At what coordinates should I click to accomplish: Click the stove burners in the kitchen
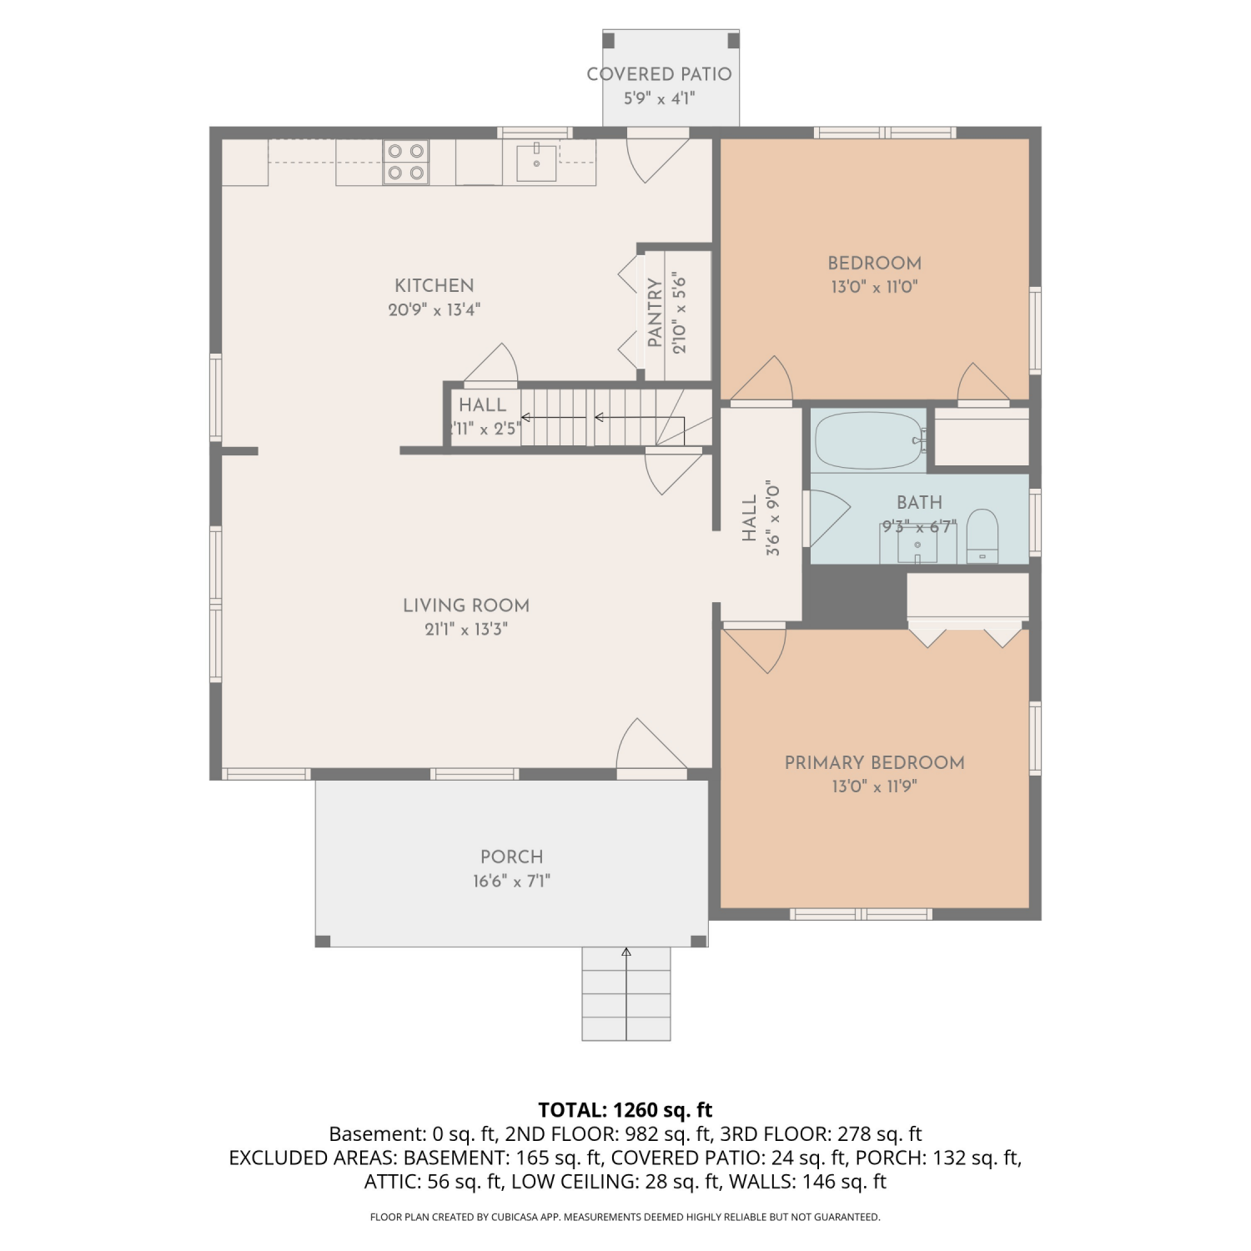pyautogui.click(x=406, y=162)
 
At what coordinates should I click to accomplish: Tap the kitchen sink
pyautogui.click(x=536, y=163)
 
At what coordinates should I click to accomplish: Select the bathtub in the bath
pyautogui.click(x=870, y=440)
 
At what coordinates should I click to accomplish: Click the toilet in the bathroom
pyautogui.click(x=982, y=536)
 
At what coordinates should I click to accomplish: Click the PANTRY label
pyautogui.click(x=655, y=313)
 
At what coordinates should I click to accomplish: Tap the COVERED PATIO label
pyautogui.click(x=659, y=74)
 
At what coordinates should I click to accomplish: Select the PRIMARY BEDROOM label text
pyautogui.click(x=875, y=762)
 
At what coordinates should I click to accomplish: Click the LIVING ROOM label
pyautogui.click(x=466, y=605)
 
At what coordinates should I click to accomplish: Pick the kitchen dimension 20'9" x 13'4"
pyautogui.click(x=435, y=310)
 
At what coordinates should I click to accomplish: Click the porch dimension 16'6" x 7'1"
pyautogui.click(x=512, y=881)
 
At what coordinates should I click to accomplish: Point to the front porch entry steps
pyautogui.click(x=626, y=993)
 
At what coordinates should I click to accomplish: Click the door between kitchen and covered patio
pyautogui.click(x=658, y=155)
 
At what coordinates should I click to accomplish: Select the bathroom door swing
pyautogui.click(x=826, y=518)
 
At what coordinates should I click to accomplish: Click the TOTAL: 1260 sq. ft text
pyautogui.click(x=625, y=1110)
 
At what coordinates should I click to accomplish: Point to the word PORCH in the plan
pyautogui.click(x=512, y=857)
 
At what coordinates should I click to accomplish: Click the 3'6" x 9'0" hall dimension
pyautogui.click(x=773, y=518)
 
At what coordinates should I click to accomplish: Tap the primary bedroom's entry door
pyautogui.click(x=754, y=648)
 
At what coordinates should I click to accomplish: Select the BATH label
pyautogui.click(x=920, y=502)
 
